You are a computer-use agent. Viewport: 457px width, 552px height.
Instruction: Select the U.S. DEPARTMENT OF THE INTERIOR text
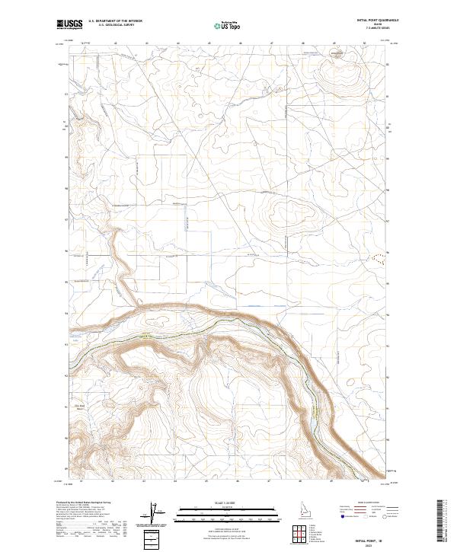pyautogui.click(x=115, y=21)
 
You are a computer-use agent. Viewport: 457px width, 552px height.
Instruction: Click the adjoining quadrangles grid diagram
pyautogui.click(x=296, y=534)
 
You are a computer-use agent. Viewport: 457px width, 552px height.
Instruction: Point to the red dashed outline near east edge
pyautogui.click(x=377, y=257)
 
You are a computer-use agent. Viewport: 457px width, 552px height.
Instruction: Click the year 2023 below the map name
pyautogui.click(x=376, y=542)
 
